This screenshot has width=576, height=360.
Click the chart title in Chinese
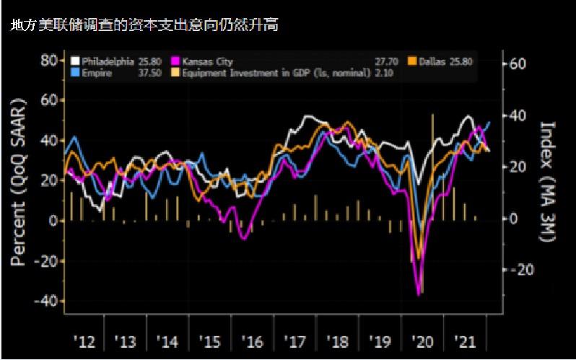pos(144,25)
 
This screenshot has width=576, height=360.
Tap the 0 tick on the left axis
pos(53,221)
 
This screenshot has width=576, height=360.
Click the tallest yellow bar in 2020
pos(432,167)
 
